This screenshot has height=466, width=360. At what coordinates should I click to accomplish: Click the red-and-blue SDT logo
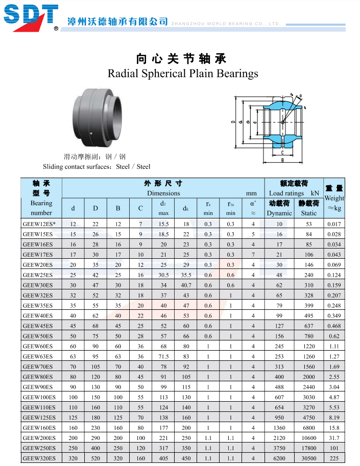31,17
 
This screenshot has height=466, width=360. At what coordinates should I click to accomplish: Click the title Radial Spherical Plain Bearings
183,73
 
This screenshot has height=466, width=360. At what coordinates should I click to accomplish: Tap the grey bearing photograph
97,117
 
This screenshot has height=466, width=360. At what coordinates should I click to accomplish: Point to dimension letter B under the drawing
282,160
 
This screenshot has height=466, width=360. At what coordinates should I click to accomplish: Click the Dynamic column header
279,213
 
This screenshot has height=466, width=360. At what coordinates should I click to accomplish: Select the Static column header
308,213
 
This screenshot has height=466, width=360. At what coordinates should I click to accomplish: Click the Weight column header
334,198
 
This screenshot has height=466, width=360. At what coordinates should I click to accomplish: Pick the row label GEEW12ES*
39,224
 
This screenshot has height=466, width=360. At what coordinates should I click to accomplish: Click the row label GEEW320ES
39,458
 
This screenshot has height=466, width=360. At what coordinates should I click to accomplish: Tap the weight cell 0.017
334,224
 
